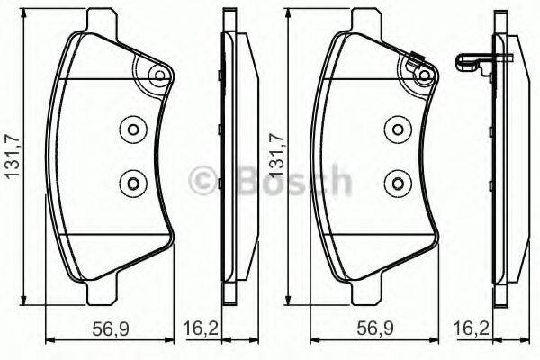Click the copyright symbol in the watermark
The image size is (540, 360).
(201, 181)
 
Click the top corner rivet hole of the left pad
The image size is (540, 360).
(159, 76)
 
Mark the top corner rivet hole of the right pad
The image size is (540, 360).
(422, 76)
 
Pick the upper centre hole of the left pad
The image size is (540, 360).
(132, 130)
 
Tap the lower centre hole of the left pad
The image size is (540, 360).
(132, 184)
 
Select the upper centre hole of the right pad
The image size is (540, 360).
(395, 130)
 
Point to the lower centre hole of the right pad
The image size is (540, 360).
(395, 184)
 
